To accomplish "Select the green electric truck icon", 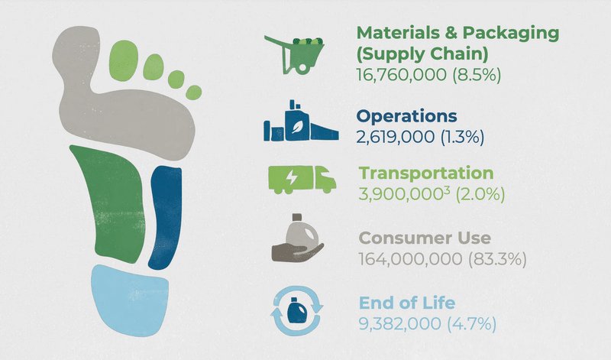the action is pos(302,180).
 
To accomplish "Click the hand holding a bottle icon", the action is pos(297,238).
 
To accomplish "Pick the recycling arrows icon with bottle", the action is pos(297,311).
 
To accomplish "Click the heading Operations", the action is pos(407,116).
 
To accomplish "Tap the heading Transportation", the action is pos(426,174).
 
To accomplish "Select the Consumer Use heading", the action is pos(425,238).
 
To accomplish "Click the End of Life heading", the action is pos(407,303).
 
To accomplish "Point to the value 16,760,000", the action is pos(402,74).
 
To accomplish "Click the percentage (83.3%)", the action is pos(497,259).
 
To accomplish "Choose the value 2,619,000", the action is pos(396,137).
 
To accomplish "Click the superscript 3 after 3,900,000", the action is pos(447,190).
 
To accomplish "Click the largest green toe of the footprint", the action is pos(124,61).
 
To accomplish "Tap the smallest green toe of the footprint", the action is pos(194,92).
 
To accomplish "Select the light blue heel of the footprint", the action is pos(130,300).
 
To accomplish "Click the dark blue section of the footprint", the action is pos(165,217).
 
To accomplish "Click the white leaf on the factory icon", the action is pos(298,127).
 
